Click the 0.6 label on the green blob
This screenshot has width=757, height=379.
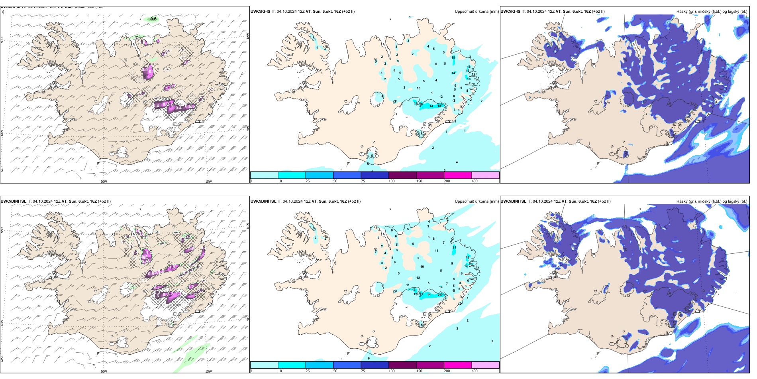153,19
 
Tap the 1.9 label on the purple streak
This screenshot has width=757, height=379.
173,267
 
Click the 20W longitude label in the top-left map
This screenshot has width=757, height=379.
104,182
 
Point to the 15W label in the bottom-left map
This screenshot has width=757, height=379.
208,371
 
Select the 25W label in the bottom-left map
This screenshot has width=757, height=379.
2,359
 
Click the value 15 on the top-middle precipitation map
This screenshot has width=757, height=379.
453,57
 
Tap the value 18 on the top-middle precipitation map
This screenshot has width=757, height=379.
439,106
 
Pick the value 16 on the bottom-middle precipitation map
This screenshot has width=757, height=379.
468,258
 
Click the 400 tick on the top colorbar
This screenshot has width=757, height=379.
475,181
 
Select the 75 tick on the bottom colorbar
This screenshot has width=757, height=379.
363,371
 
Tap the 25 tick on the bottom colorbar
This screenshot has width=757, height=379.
308,371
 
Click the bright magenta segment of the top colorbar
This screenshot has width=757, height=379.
457,175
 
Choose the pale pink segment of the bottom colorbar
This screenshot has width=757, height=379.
485,365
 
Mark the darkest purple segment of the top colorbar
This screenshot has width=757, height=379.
402,175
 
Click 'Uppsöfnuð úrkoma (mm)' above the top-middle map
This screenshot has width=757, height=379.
477,12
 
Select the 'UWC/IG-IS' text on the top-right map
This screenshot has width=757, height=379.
510,12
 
